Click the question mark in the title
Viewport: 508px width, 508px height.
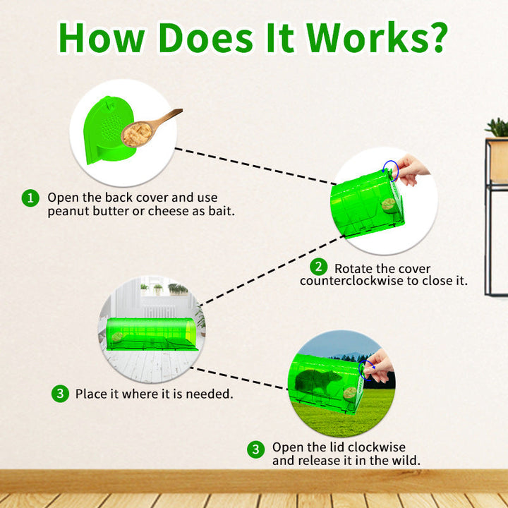point(437,37)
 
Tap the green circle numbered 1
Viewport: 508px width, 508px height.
point(30,198)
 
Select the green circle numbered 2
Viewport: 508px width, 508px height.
point(319,267)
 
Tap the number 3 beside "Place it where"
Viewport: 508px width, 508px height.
point(60,394)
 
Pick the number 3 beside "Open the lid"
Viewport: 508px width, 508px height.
point(256,449)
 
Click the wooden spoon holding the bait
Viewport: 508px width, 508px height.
point(151,128)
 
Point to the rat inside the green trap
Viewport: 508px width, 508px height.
point(317,382)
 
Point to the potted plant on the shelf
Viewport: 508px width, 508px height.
point(497,127)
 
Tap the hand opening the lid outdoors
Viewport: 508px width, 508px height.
point(378,366)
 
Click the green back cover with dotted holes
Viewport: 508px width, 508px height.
point(109,131)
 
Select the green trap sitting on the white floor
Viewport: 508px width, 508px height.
point(151,334)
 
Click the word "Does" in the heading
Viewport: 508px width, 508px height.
point(206,37)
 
